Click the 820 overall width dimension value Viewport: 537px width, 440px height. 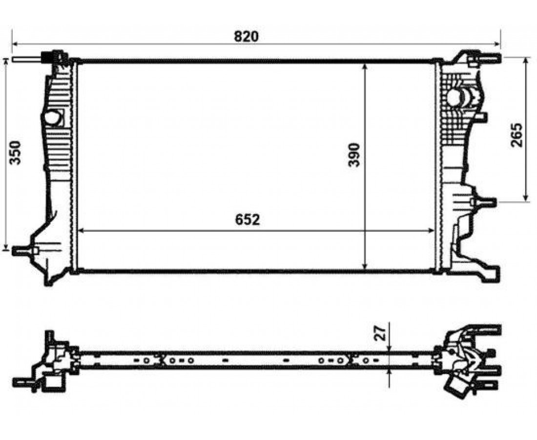[x=246, y=36]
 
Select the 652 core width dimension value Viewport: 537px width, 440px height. [x=248, y=220]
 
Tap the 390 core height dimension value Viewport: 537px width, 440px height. [x=354, y=155]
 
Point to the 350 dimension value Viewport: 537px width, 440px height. [x=15, y=153]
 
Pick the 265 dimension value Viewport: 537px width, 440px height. [x=517, y=135]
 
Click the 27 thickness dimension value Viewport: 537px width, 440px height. [x=380, y=332]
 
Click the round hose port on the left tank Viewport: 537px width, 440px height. [x=52, y=118]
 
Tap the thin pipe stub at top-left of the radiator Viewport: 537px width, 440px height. [x=27, y=59]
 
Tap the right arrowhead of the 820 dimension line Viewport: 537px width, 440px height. [x=497, y=44]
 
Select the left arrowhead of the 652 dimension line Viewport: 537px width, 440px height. [x=82, y=231]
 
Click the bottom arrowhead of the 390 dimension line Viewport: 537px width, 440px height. [x=365, y=266]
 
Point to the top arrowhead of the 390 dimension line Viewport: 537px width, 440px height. [x=365, y=67]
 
